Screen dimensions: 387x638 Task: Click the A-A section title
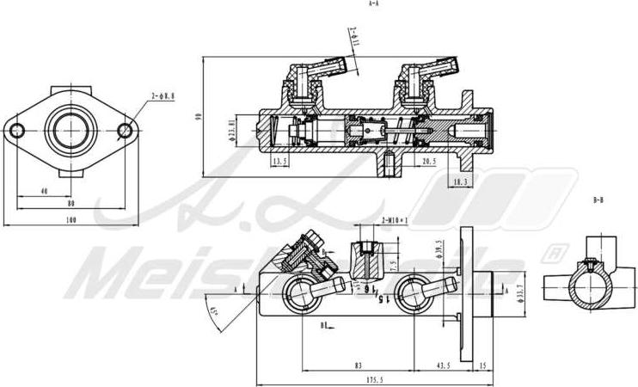(373, 4)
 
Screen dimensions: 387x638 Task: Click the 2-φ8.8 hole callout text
(163, 97)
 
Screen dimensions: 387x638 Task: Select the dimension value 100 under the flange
(71, 220)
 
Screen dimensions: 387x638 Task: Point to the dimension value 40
(45, 192)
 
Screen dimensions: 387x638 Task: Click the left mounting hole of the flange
(16, 131)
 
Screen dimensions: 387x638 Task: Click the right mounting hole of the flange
(126, 131)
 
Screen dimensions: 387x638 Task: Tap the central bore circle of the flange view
(71, 131)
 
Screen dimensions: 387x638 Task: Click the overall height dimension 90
(198, 120)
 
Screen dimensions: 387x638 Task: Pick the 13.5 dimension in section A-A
(279, 161)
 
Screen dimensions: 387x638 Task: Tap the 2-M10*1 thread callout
(395, 220)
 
